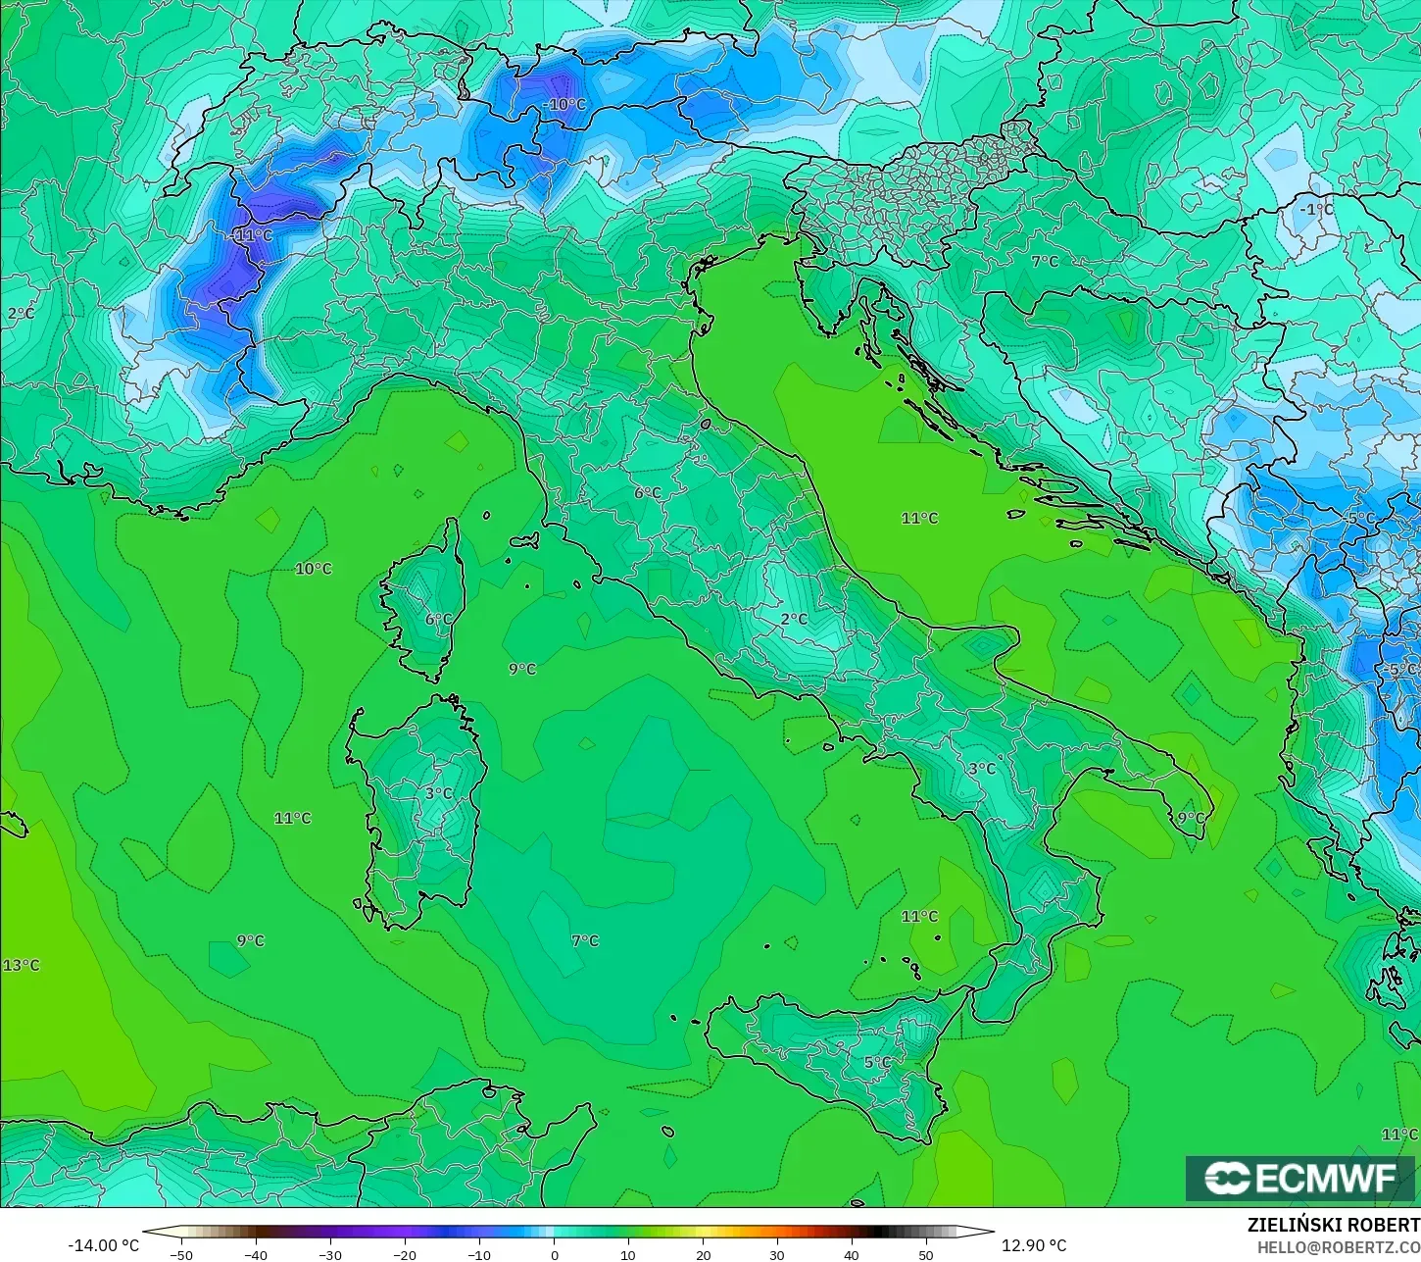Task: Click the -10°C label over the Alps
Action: (x=564, y=105)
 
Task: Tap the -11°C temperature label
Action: (x=254, y=236)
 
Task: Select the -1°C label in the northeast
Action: (x=1316, y=210)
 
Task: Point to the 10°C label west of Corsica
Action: (x=314, y=569)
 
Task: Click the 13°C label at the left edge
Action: (x=21, y=966)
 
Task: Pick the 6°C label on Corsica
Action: (x=439, y=620)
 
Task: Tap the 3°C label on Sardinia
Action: (x=439, y=793)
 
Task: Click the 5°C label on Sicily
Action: (x=878, y=1062)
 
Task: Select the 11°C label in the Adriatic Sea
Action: (x=919, y=518)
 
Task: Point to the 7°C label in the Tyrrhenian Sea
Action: (x=585, y=940)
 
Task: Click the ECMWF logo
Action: (x=1301, y=1178)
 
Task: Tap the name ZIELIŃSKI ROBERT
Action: (x=1333, y=1226)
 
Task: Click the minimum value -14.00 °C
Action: (x=103, y=1245)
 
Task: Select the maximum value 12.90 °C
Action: (x=1034, y=1245)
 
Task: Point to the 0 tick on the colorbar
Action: (x=555, y=1254)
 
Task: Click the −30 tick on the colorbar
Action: (x=330, y=1254)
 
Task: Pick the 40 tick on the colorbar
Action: (x=852, y=1254)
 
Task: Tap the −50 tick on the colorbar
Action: (x=181, y=1254)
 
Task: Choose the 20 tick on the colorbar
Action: (x=703, y=1254)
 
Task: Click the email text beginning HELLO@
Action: (x=1339, y=1247)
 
